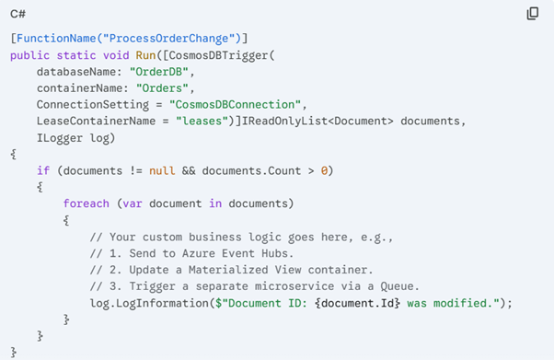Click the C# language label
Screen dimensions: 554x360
19,13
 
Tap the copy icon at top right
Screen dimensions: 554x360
532,14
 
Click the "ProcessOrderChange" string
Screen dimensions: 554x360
172,38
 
